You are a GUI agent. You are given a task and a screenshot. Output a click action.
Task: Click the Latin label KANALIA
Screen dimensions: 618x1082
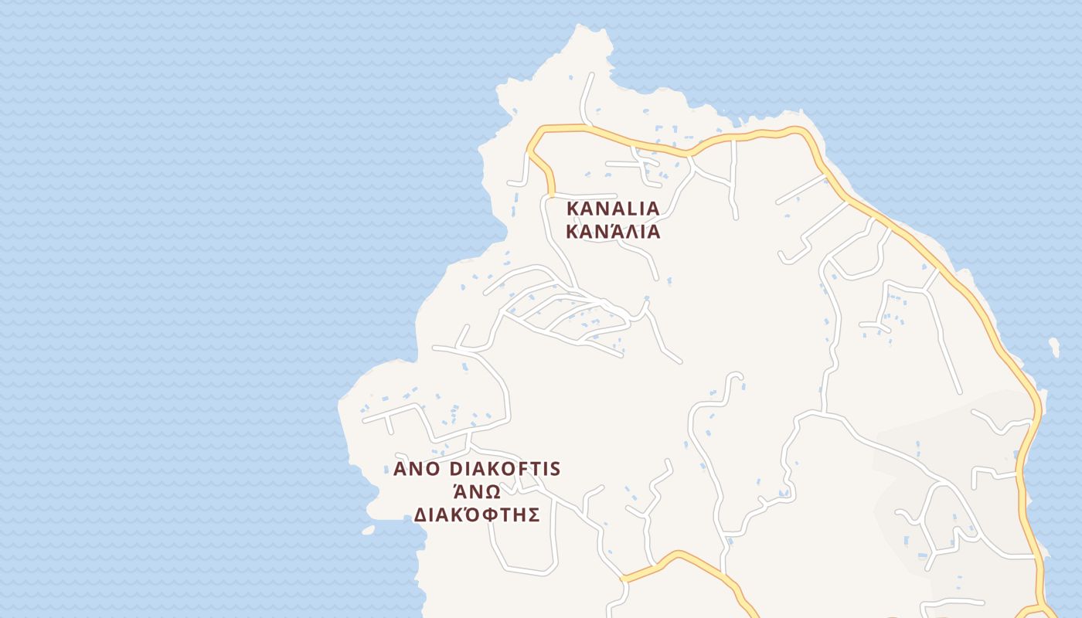point(613,209)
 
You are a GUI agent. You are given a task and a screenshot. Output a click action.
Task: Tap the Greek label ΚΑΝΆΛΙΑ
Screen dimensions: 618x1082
point(613,232)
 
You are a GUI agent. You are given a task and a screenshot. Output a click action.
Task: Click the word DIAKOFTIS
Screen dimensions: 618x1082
point(505,470)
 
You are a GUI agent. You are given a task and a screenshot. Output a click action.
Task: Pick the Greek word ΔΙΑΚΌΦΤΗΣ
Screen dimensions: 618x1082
point(477,514)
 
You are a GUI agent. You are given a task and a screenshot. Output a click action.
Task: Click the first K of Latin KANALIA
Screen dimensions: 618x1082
point(573,209)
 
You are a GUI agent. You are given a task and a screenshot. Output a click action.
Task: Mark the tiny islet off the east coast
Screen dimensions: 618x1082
point(1054,347)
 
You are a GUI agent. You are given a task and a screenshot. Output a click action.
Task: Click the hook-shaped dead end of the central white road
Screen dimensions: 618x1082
point(736,377)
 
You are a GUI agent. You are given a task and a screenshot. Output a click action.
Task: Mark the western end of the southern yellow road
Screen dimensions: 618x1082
point(624,577)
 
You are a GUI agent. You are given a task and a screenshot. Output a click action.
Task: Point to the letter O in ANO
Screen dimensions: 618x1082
point(433,470)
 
